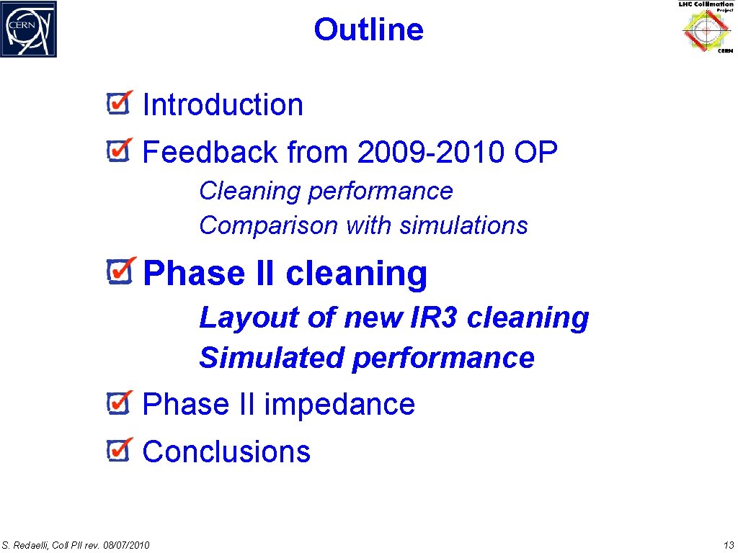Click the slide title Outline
368,30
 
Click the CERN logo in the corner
29,30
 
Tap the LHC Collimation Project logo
706,28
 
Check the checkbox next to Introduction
118,104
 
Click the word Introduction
223,105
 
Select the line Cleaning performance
326,191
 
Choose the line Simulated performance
367,358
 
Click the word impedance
339,405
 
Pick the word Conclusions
226,451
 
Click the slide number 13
727,544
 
